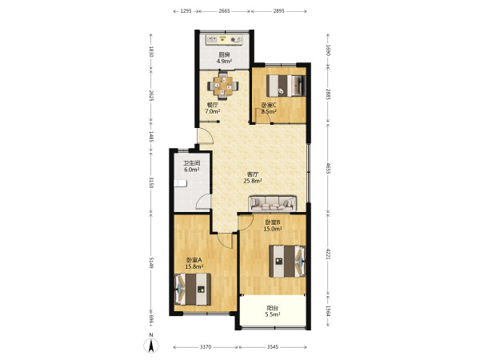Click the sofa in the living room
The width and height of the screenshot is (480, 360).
[x=273, y=203]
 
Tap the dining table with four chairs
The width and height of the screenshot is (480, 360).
[x=223, y=86]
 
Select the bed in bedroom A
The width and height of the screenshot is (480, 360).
[x=192, y=290]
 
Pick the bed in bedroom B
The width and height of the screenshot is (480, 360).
[x=287, y=261]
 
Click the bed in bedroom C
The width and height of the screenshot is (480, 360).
[x=286, y=86]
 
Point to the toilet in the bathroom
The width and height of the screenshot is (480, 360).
[x=180, y=183]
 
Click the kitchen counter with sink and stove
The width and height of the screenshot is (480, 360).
[x=224, y=39]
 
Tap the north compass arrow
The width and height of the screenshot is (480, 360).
[x=151, y=346]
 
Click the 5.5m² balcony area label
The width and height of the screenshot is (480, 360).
[x=273, y=314]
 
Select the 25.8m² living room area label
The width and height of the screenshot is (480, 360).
[x=253, y=181]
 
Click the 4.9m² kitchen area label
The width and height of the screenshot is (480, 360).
[x=224, y=61]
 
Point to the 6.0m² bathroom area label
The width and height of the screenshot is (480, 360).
[x=192, y=170]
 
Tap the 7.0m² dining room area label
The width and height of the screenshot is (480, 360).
[x=213, y=111]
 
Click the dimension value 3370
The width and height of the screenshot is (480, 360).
[x=206, y=347]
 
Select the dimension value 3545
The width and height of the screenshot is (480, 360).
[x=273, y=347]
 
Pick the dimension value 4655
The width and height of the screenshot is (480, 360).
[x=328, y=168]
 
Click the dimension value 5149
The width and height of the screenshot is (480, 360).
[x=151, y=262]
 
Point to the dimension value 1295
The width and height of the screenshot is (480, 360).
[x=186, y=11]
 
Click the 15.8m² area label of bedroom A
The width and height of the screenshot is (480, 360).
[x=194, y=266]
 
